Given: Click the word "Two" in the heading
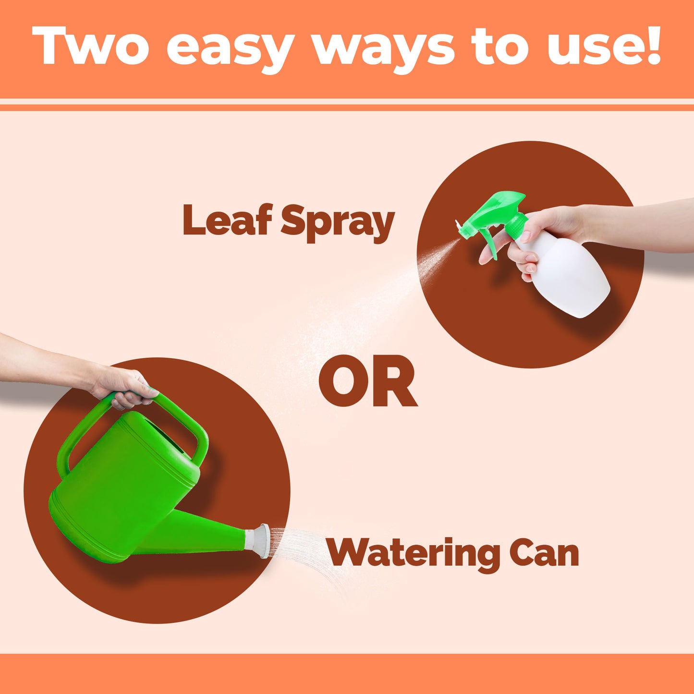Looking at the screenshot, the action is coord(90,46).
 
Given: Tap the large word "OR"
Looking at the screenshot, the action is coord(368,380).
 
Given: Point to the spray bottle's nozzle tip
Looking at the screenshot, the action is coord(458,225).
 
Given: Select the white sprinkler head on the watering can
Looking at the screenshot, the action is coord(257,541).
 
